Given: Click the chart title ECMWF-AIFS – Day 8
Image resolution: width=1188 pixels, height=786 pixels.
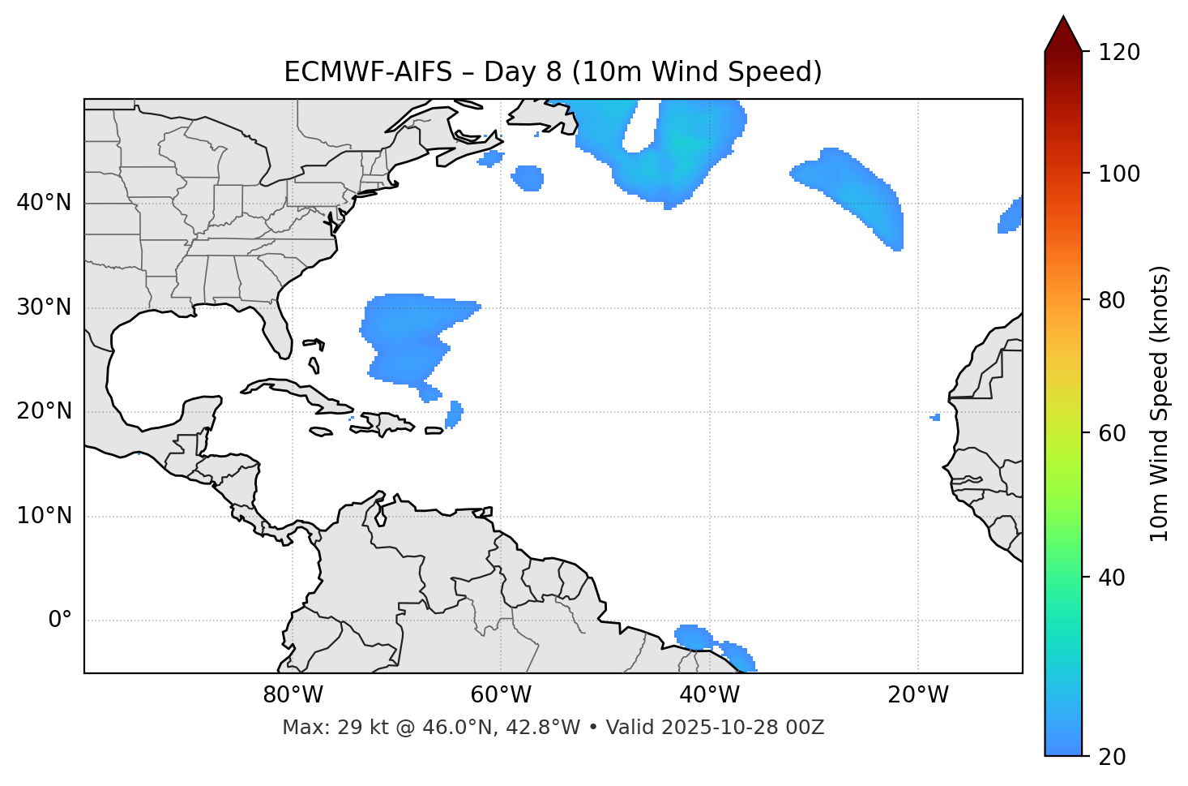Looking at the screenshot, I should [x=553, y=72].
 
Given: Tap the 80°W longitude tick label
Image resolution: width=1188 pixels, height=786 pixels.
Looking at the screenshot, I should [x=293, y=695].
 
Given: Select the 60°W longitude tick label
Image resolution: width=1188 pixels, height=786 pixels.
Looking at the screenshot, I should [x=501, y=695].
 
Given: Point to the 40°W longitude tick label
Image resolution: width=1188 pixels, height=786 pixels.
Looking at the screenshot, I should [x=710, y=695].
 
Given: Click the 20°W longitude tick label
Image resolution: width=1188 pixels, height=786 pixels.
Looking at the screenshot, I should [x=918, y=695].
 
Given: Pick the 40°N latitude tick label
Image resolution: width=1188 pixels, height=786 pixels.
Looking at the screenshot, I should [x=44, y=203].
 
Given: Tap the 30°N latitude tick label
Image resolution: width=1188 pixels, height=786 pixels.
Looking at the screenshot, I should [x=44, y=307].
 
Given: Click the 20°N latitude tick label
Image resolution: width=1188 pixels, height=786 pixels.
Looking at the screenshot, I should [x=44, y=411].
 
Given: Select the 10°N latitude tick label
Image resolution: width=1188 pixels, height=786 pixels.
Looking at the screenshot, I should [x=44, y=516].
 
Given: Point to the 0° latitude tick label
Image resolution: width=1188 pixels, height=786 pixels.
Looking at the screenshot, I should [x=60, y=621].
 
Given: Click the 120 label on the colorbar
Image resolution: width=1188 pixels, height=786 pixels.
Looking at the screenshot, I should [x=1119, y=53].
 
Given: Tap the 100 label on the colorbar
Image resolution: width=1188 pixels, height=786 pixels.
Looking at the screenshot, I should [x=1119, y=174].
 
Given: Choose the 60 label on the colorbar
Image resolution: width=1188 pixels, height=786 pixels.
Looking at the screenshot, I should [x=1113, y=433].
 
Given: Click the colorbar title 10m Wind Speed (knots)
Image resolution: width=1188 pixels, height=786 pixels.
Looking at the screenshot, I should [x=1160, y=403].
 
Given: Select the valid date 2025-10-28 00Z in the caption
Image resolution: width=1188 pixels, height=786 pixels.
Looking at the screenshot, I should [x=742, y=728].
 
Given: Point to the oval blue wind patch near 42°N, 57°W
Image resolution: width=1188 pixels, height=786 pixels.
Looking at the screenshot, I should [x=528, y=178].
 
